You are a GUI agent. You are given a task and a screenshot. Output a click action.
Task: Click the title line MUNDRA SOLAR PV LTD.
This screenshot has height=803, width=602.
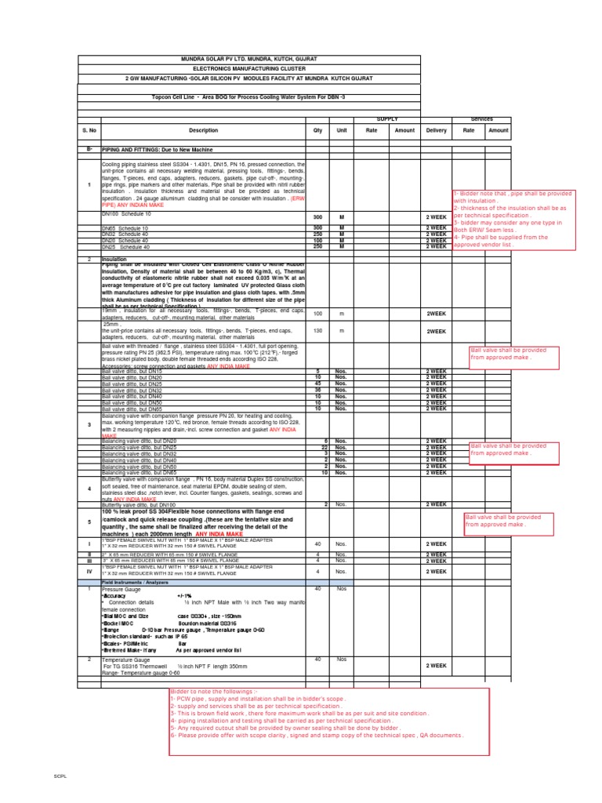(249, 60)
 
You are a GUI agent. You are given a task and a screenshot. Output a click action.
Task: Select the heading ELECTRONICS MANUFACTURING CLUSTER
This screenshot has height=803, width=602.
(249, 69)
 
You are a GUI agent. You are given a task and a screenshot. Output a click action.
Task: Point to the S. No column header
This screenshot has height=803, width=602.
(89, 131)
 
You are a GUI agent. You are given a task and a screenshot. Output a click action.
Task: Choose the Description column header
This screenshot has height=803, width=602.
(203, 131)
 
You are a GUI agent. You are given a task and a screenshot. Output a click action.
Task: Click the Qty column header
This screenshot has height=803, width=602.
(317, 131)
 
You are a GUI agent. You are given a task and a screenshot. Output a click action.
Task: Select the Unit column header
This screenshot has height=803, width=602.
(341, 131)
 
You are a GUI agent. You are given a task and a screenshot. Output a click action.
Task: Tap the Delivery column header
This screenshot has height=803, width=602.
(437, 131)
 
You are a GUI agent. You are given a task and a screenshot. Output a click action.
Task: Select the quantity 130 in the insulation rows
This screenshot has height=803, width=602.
(317, 331)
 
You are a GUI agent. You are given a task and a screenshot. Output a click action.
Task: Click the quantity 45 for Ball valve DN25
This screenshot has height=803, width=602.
(317, 383)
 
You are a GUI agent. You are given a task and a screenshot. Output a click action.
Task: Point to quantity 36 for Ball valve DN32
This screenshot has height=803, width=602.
(317, 390)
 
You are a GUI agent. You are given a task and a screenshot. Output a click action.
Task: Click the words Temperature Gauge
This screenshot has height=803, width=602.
(126, 660)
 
